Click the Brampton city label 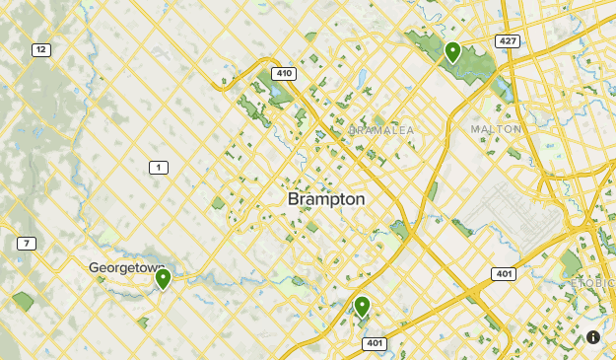(x=326, y=199)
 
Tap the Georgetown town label (x=126, y=267)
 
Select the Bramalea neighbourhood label (x=382, y=130)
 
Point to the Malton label (x=495, y=129)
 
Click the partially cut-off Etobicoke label (x=593, y=283)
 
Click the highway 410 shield (x=284, y=73)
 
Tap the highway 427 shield (x=509, y=41)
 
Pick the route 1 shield (x=158, y=168)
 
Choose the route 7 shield (x=26, y=244)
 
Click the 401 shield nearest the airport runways (x=502, y=272)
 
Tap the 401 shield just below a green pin (x=374, y=343)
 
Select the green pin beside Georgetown (x=163, y=279)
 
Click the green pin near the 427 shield (x=452, y=51)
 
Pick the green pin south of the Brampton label (x=362, y=307)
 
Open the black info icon (x=593, y=337)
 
